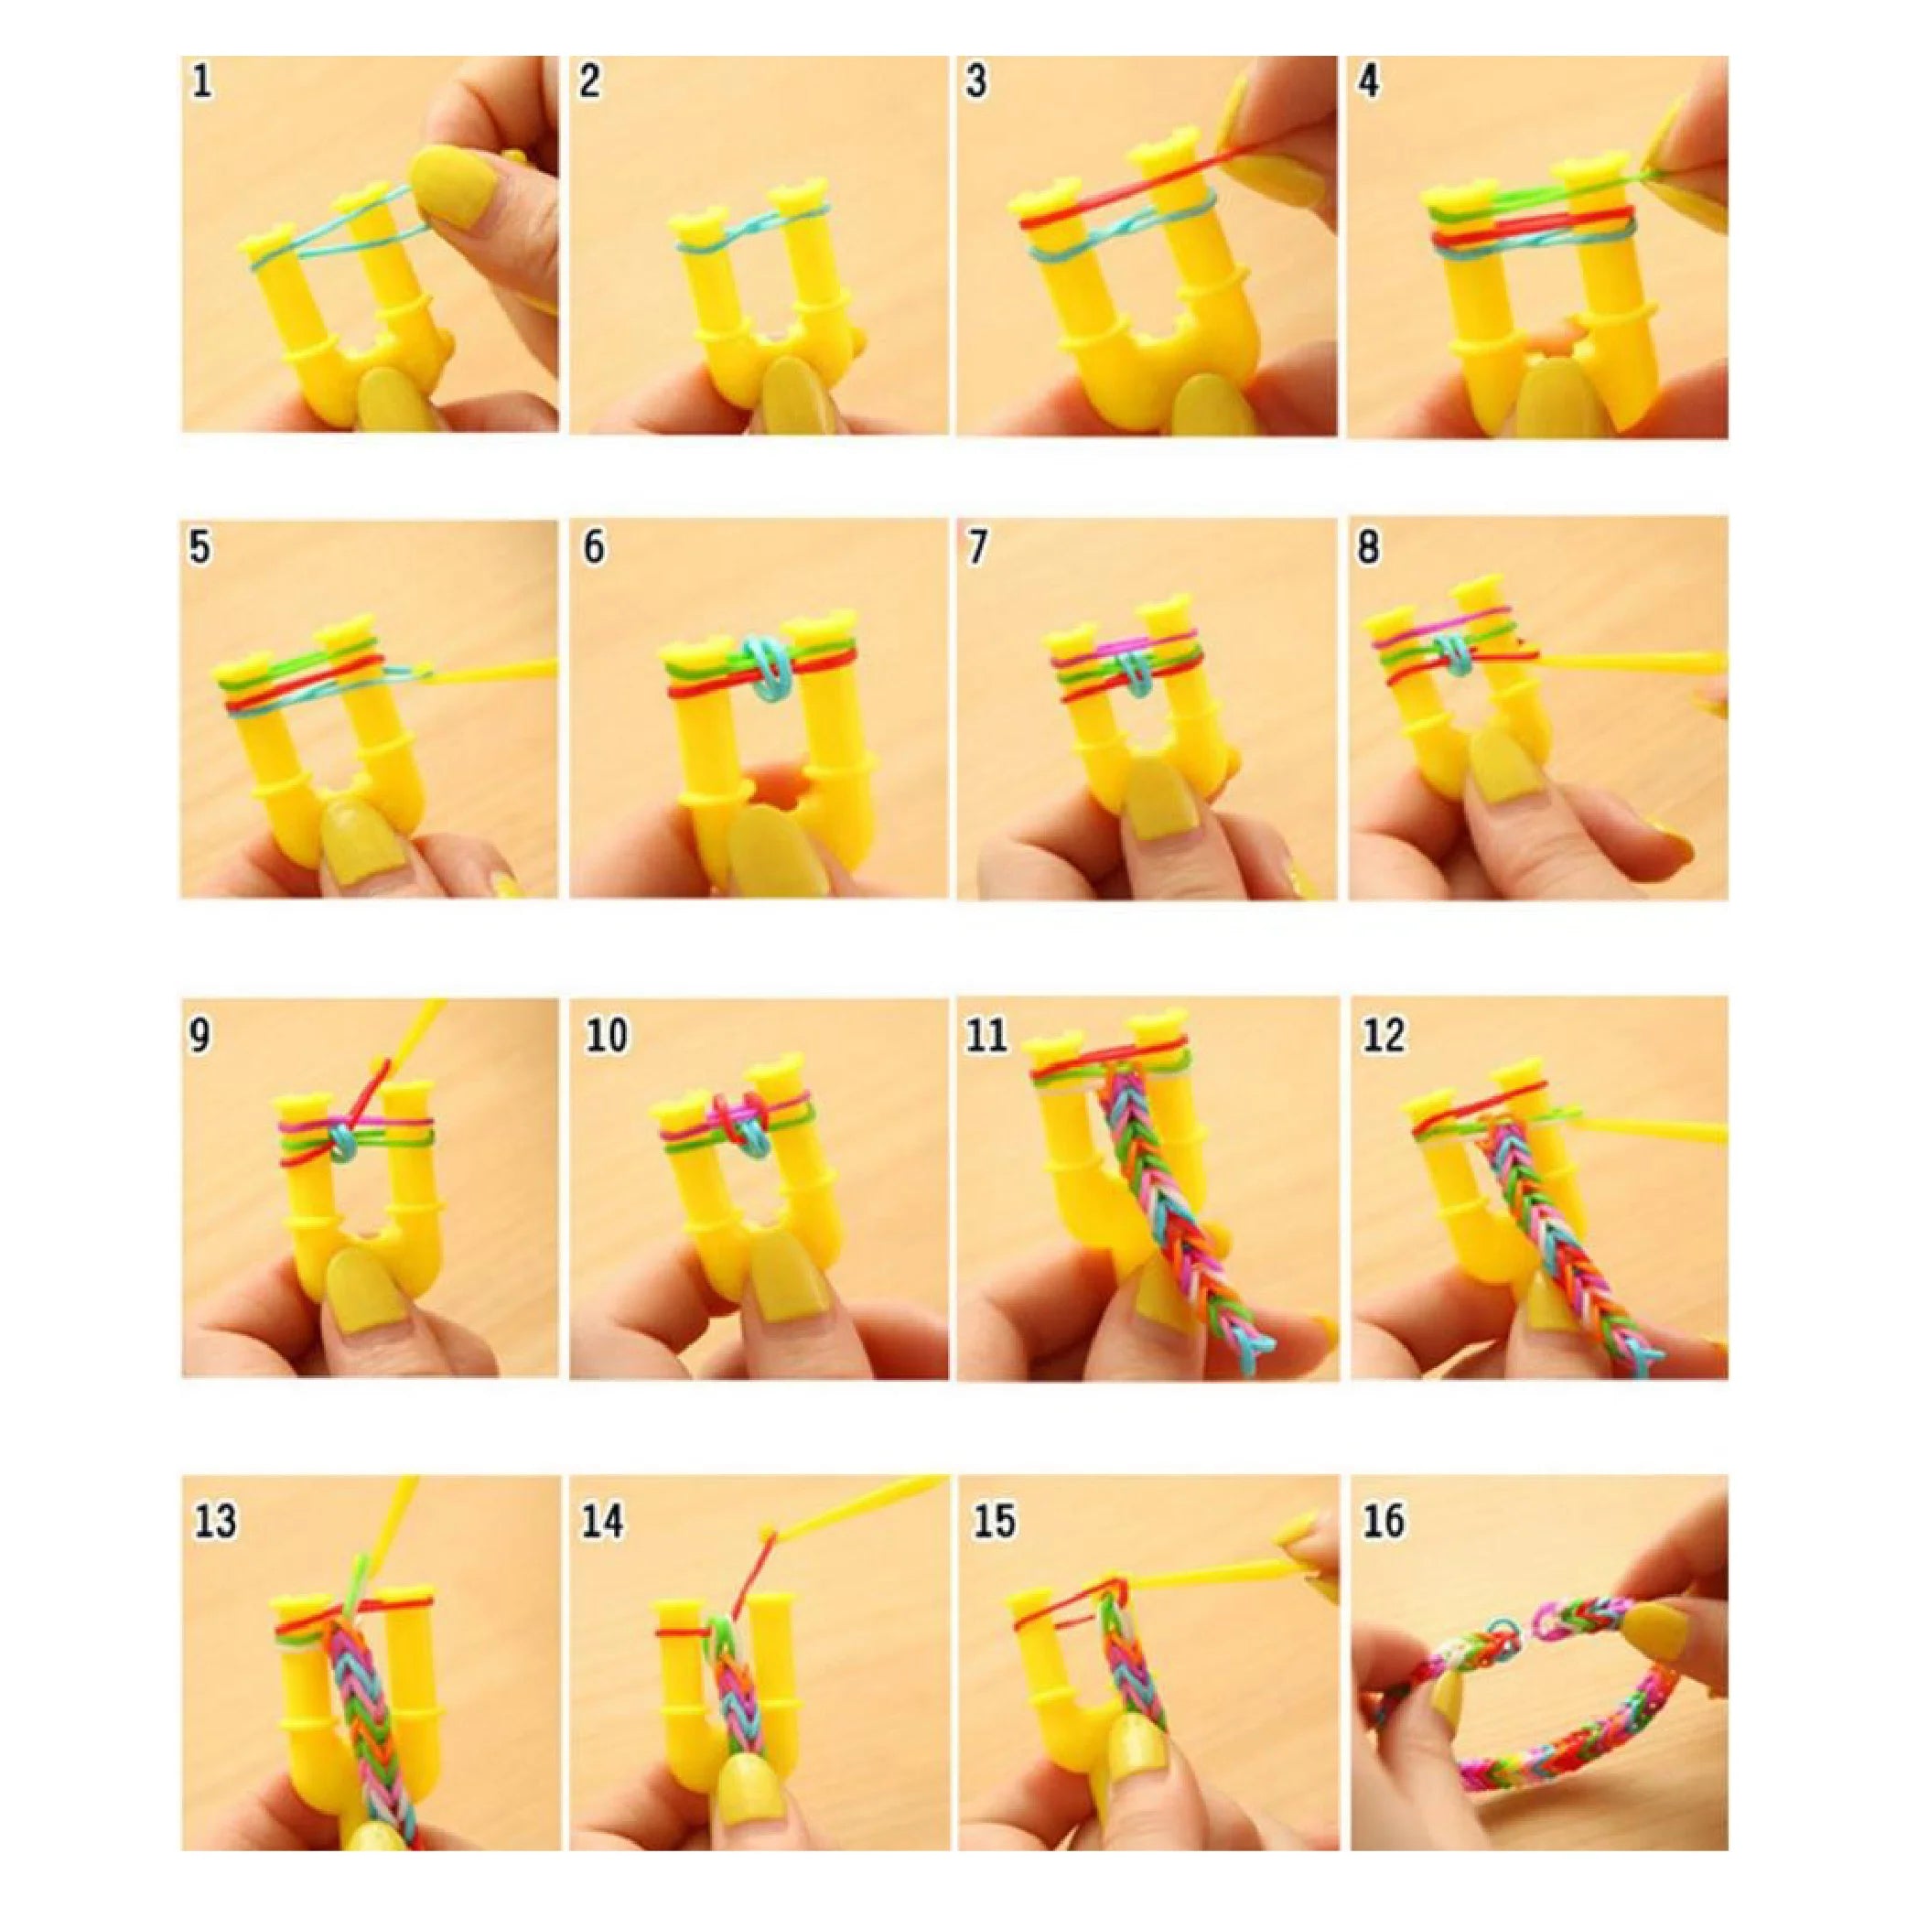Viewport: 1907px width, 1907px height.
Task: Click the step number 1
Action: click(x=201, y=80)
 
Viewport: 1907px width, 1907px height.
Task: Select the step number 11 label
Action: click(x=987, y=1036)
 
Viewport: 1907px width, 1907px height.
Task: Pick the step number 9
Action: click(x=199, y=1036)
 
